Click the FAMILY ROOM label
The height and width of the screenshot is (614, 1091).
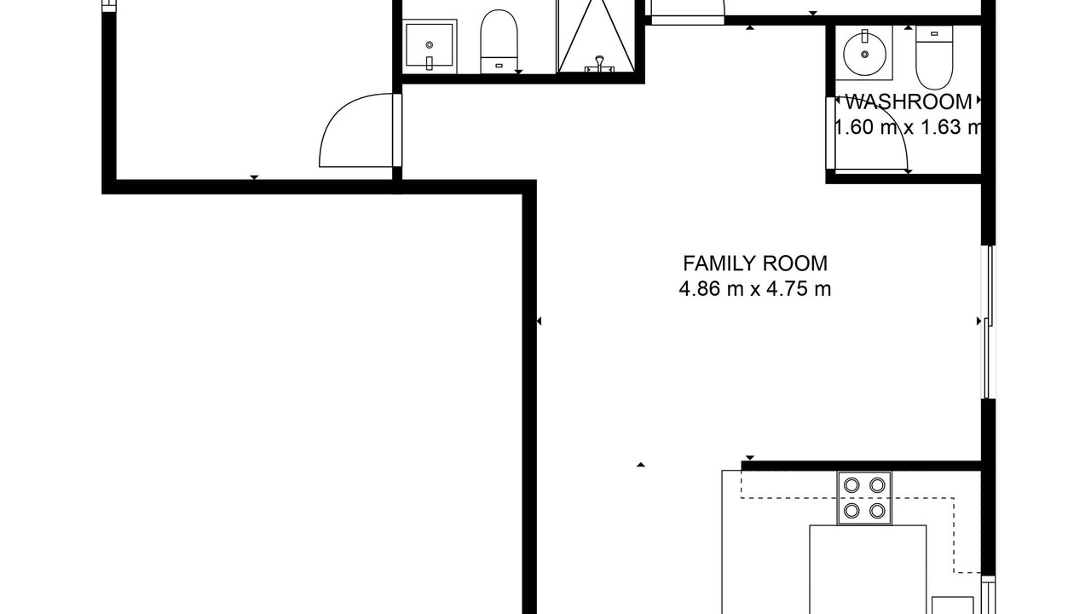tap(755, 264)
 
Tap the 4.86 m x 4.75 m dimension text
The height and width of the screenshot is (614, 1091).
tap(755, 289)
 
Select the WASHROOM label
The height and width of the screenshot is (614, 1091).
tap(909, 101)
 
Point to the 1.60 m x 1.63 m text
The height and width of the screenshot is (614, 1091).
tap(908, 127)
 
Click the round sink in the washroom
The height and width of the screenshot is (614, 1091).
tap(865, 54)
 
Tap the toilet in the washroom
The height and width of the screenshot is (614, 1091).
tap(934, 57)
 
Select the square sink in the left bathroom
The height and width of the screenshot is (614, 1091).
tap(429, 46)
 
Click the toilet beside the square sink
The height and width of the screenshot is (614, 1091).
tap(499, 42)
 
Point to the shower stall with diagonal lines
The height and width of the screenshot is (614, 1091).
tap(596, 37)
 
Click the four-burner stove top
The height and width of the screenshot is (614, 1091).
tap(864, 498)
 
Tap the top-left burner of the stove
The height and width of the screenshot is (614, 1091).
tap(851, 485)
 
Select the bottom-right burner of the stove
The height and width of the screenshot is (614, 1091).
tap(877, 511)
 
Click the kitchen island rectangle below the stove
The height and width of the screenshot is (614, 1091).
tap(868, 569)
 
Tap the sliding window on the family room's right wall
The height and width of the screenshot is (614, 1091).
tap(988, 322)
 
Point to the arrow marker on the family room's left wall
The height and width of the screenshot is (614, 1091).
tap(539, 321)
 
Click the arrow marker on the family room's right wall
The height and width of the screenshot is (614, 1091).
tap(979, 321)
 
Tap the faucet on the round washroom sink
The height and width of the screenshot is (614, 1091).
tap(865, 36)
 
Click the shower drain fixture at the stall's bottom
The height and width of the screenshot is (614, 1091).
tap(599, 65)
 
